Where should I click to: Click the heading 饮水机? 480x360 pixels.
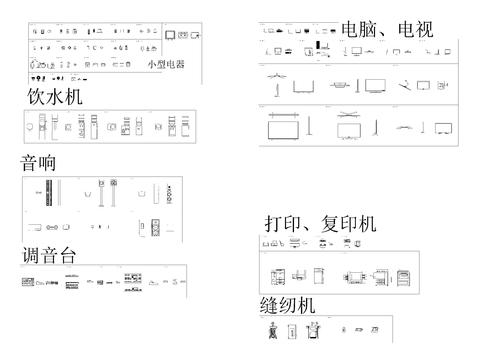click(54, 97)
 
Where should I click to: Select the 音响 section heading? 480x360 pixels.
click(38, 163)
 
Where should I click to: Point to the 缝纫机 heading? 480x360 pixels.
click(288, 304)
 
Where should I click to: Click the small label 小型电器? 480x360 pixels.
click(166, 65)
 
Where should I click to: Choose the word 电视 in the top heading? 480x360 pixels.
click(415, 29)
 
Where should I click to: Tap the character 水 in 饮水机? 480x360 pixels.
click(54, 97)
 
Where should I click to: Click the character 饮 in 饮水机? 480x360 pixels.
click(36, 97)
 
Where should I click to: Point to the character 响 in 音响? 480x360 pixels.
click(47, 163)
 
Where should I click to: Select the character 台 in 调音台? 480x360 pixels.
click(67, 254)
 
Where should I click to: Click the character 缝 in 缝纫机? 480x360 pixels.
click(270, 304)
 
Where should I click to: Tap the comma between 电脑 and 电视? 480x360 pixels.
click(388, 33)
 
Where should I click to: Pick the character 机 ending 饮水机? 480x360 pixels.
click(72, 97)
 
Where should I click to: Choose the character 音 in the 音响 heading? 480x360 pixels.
click(29, 163)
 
